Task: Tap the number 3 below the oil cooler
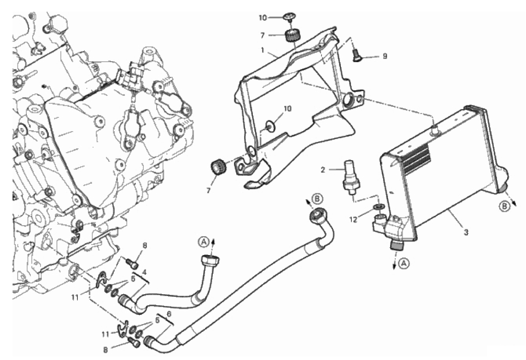point(466,232)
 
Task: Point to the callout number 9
point(384,57)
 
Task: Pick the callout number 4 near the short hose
point(144,272)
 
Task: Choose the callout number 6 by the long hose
point(169,314)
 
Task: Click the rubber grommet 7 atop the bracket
point(291,35)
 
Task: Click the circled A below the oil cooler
point(403,263)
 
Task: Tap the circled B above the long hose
point(318,199)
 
